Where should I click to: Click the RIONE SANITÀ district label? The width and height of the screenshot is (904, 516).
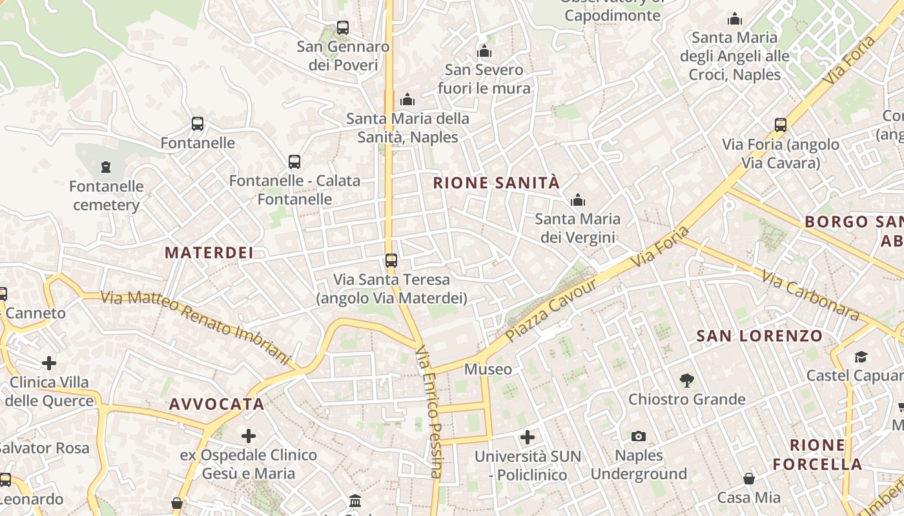(x=496, y=183)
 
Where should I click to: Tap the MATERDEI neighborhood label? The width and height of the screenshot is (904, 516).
(x=209, y=253)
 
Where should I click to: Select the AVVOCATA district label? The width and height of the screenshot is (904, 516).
(x=217, y=404)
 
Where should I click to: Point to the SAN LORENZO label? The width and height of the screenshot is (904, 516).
(x=760, y=336)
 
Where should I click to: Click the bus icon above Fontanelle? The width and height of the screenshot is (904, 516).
(x=198, y=124)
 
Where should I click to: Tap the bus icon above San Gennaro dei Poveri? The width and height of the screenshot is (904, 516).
(x=343, y=28)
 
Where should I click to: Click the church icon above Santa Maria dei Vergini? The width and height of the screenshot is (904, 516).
(x=578, y=200)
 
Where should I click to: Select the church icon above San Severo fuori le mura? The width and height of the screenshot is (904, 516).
(x=484, y=51)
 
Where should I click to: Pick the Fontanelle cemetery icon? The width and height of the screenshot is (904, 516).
(x=106, y=168)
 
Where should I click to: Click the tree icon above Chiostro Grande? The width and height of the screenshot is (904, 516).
(x=686, y=381)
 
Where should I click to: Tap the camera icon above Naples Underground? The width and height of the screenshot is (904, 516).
(x=639, y=437)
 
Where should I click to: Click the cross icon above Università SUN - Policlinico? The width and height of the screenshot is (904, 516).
(x=528, y=437)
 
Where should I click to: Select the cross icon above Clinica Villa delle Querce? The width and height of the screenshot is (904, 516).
(x=49, y=363)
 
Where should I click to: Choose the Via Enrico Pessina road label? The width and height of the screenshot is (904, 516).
(x=429, y=413)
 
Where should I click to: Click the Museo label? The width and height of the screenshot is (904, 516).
(x=488, y=370)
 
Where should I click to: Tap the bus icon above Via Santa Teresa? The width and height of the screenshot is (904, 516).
(x=391, y=261)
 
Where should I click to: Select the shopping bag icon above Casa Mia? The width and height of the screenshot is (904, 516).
(x=749, y=479)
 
